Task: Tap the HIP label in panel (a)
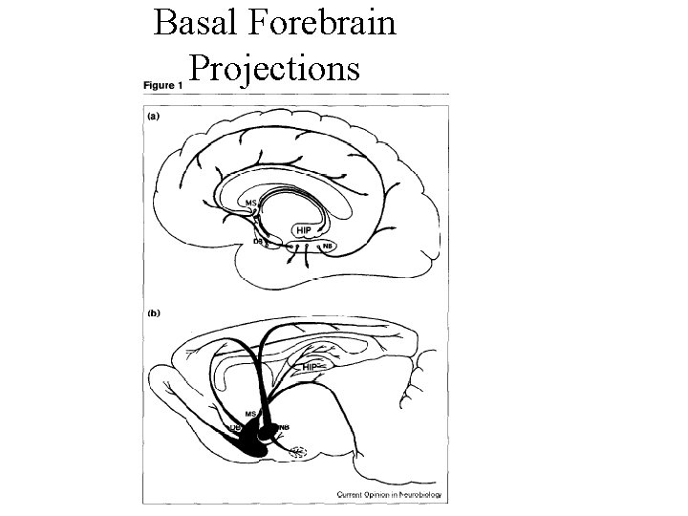pos(304,230)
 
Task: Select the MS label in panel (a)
pos(250,203)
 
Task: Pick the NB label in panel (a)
pos(328,246)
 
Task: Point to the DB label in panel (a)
pos(258,242)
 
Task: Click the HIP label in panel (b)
pos(310,366)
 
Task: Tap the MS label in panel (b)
pos(250,412)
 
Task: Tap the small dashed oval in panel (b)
pos(298,452)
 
